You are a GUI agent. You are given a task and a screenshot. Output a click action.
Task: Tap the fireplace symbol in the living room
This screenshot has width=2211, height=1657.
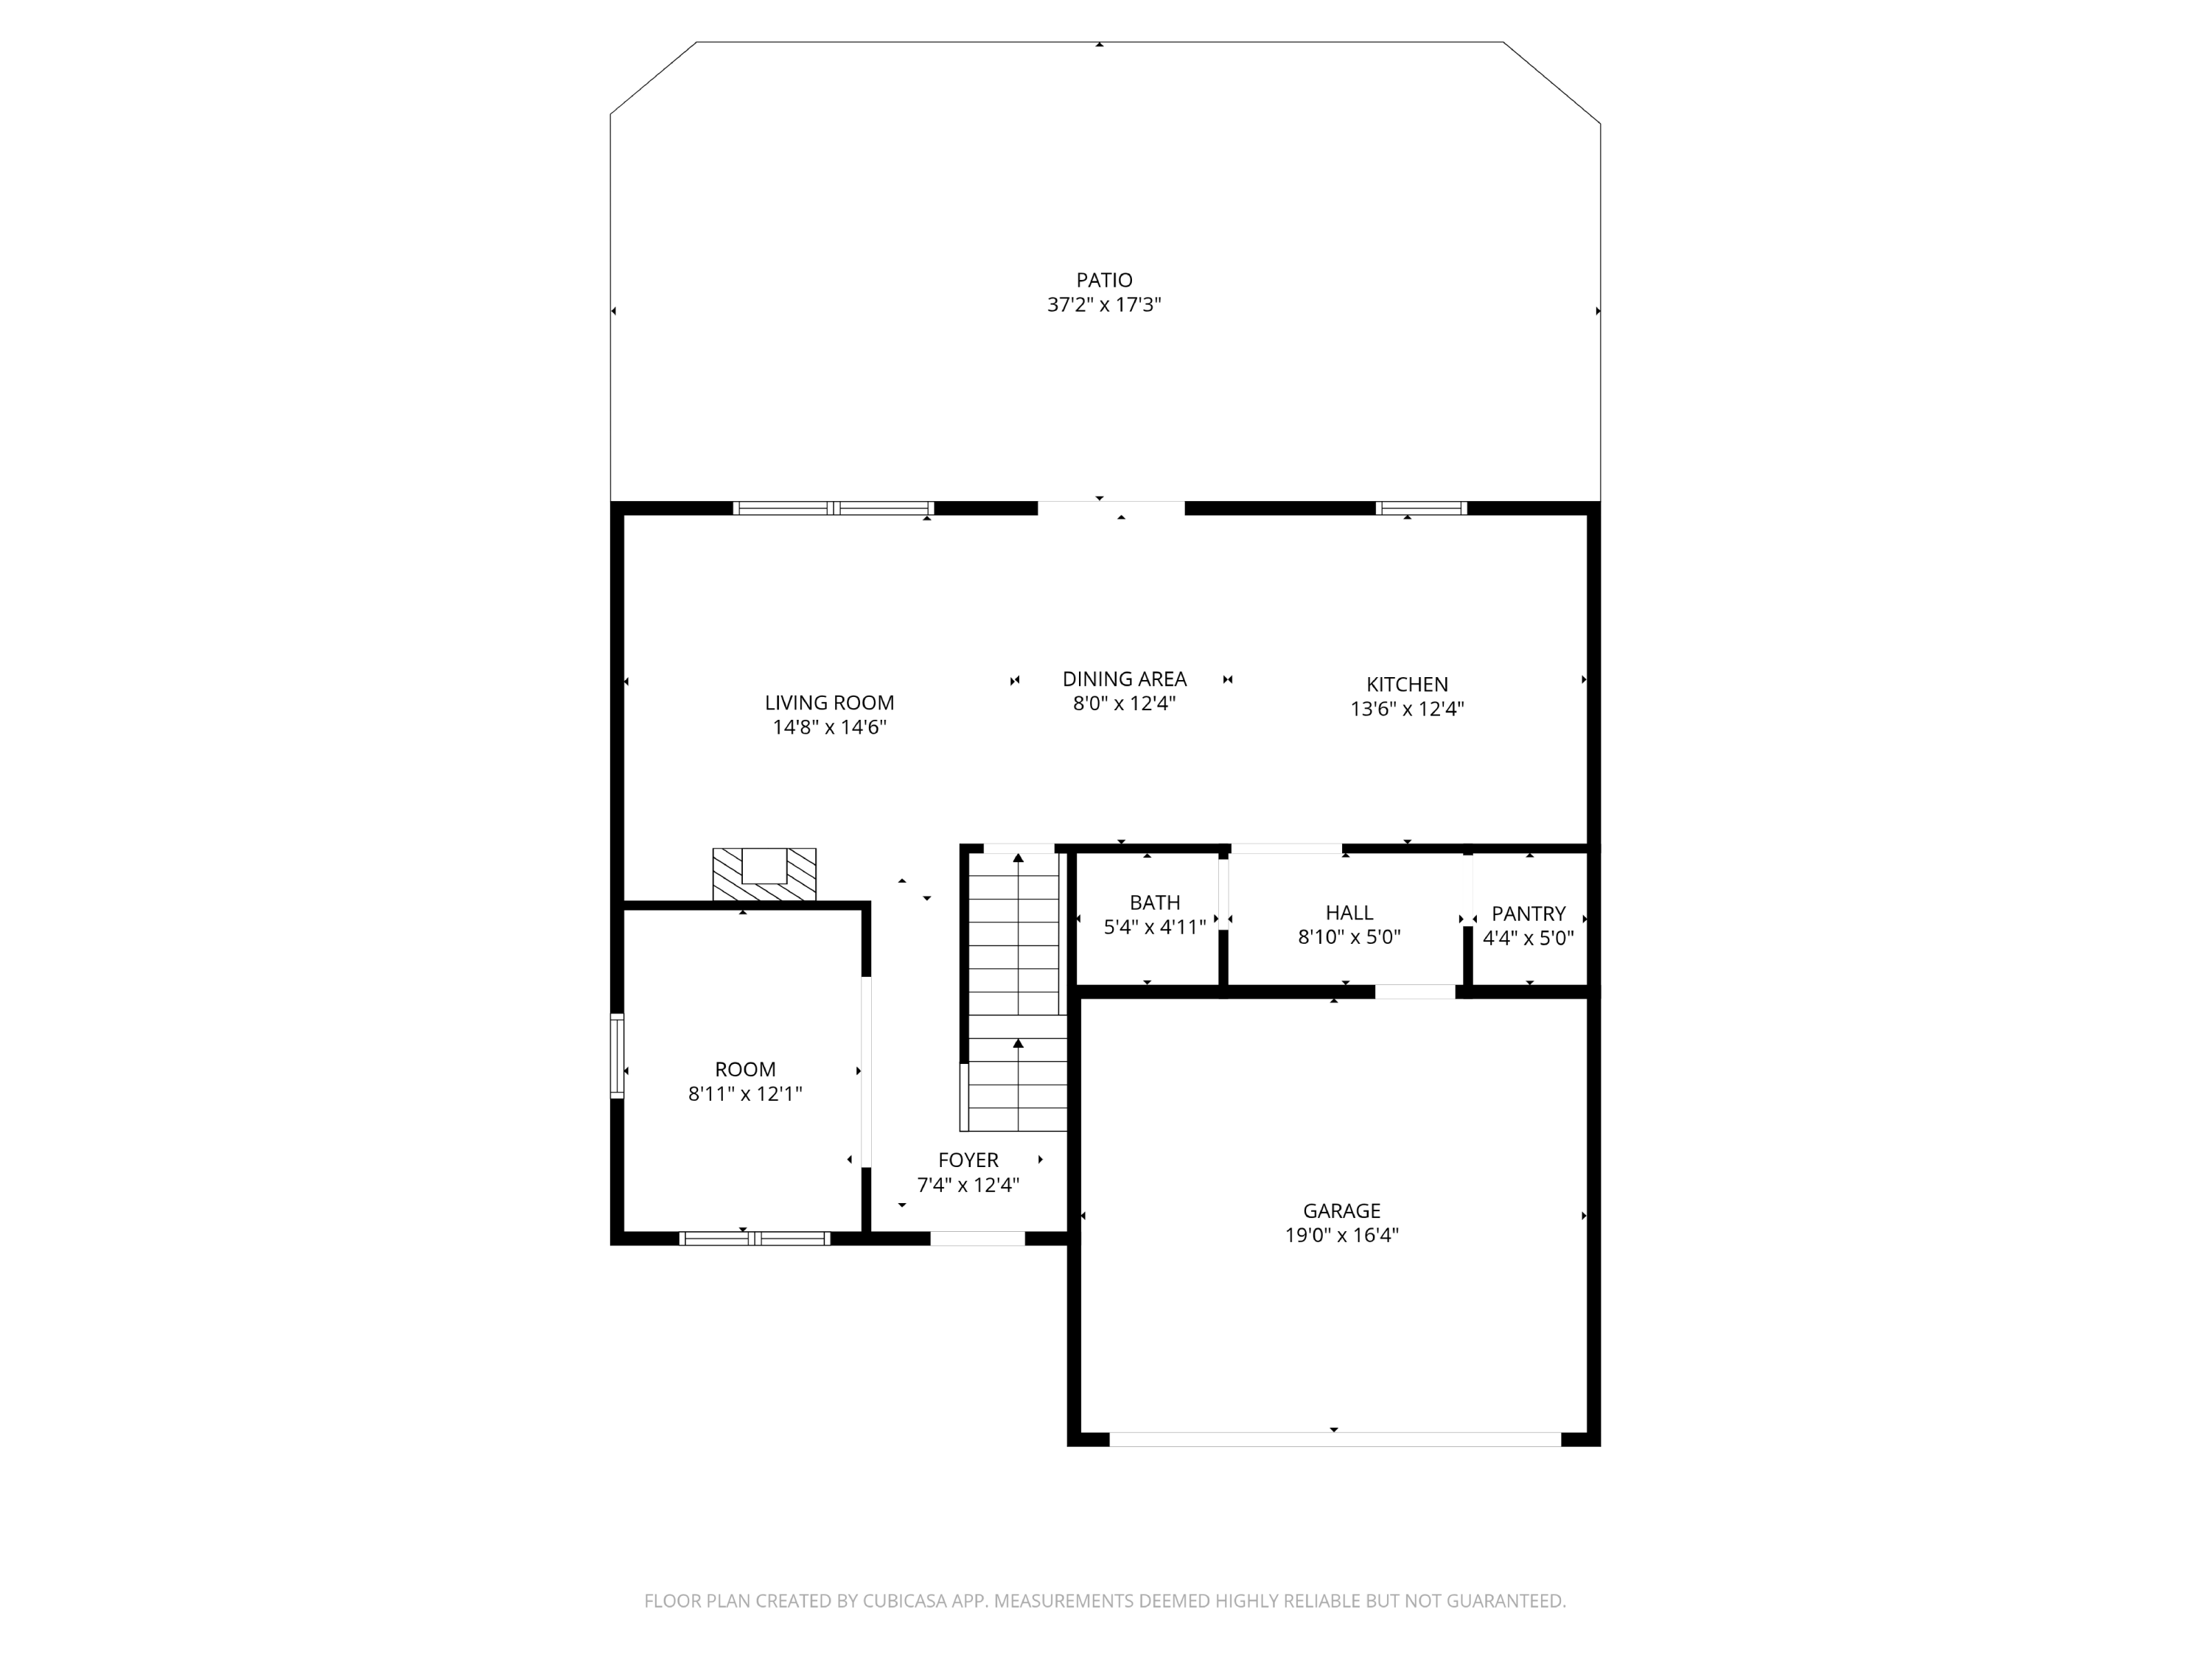point(764,875)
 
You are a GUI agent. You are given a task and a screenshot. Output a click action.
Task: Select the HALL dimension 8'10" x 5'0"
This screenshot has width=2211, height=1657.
point(1349,937)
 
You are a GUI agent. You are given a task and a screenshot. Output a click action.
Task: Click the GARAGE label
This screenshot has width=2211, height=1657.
point(1341,1211)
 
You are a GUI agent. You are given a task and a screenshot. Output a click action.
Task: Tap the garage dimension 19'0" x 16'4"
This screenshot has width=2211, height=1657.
point(1341,1236)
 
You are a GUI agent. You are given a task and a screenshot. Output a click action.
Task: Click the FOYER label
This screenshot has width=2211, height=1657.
point(968,1160)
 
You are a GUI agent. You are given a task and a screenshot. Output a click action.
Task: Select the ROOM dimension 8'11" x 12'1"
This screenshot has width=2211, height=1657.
point(744,1094)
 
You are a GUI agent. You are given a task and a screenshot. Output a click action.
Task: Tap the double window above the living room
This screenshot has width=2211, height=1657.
point(833,508)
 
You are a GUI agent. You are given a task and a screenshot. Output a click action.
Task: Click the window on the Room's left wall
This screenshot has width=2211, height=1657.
point(617,1057)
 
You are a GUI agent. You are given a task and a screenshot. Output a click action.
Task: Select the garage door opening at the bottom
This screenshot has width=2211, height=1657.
point(1335,1439)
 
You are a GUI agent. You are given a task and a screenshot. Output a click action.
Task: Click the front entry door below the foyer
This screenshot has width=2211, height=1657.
point(977,1239)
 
